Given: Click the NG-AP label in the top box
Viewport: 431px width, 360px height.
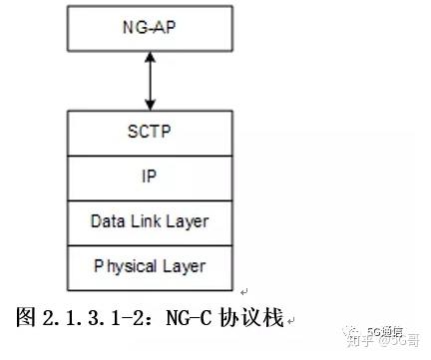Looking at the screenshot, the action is pyautogui.click(x=150, y=28).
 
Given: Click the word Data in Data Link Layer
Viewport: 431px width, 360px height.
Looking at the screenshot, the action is pyautogui.click(x=106, y=219).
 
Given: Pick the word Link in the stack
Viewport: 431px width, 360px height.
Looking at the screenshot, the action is pyautogui.click(x=145, y=219).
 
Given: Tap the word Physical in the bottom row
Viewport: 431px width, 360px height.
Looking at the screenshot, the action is pyautogui.click(x=125, y=266).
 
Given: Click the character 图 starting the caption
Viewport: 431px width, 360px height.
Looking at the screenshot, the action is pyautogui.click(x=28, y=318).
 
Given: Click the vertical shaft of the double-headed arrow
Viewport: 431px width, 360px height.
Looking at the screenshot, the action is pyautogui.click(x=150, y=81).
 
